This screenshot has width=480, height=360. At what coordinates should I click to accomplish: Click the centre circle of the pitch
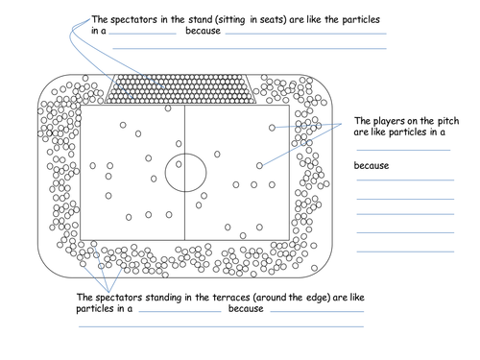[184, 174]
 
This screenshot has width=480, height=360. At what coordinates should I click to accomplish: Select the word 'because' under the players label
[371, 166]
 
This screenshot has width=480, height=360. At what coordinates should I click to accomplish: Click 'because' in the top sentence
[203, 32]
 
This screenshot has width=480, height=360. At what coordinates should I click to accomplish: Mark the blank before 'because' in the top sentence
[143, 34]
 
